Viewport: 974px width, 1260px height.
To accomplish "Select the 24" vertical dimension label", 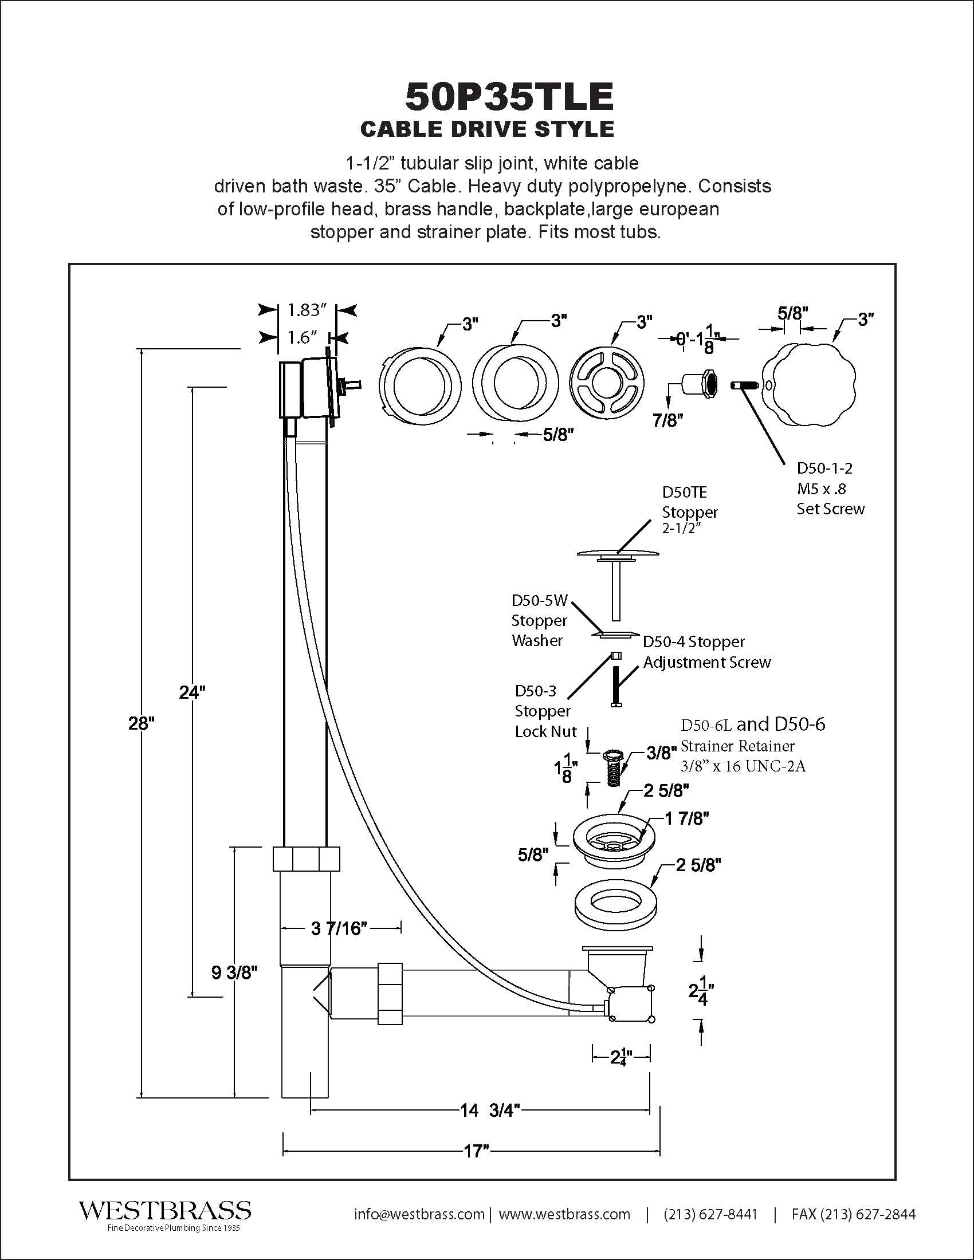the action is coord(192,692).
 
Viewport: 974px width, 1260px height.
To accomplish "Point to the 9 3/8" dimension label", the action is coord(234,972).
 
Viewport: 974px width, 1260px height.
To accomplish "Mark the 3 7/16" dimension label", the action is coord(339,928).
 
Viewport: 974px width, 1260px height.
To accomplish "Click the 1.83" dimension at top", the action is coord(308,310).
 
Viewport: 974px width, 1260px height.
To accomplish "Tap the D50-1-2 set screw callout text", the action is coord(830,488).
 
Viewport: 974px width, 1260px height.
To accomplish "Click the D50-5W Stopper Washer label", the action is coord(540,620).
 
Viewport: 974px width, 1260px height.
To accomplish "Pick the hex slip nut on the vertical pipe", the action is coord(306,859).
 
